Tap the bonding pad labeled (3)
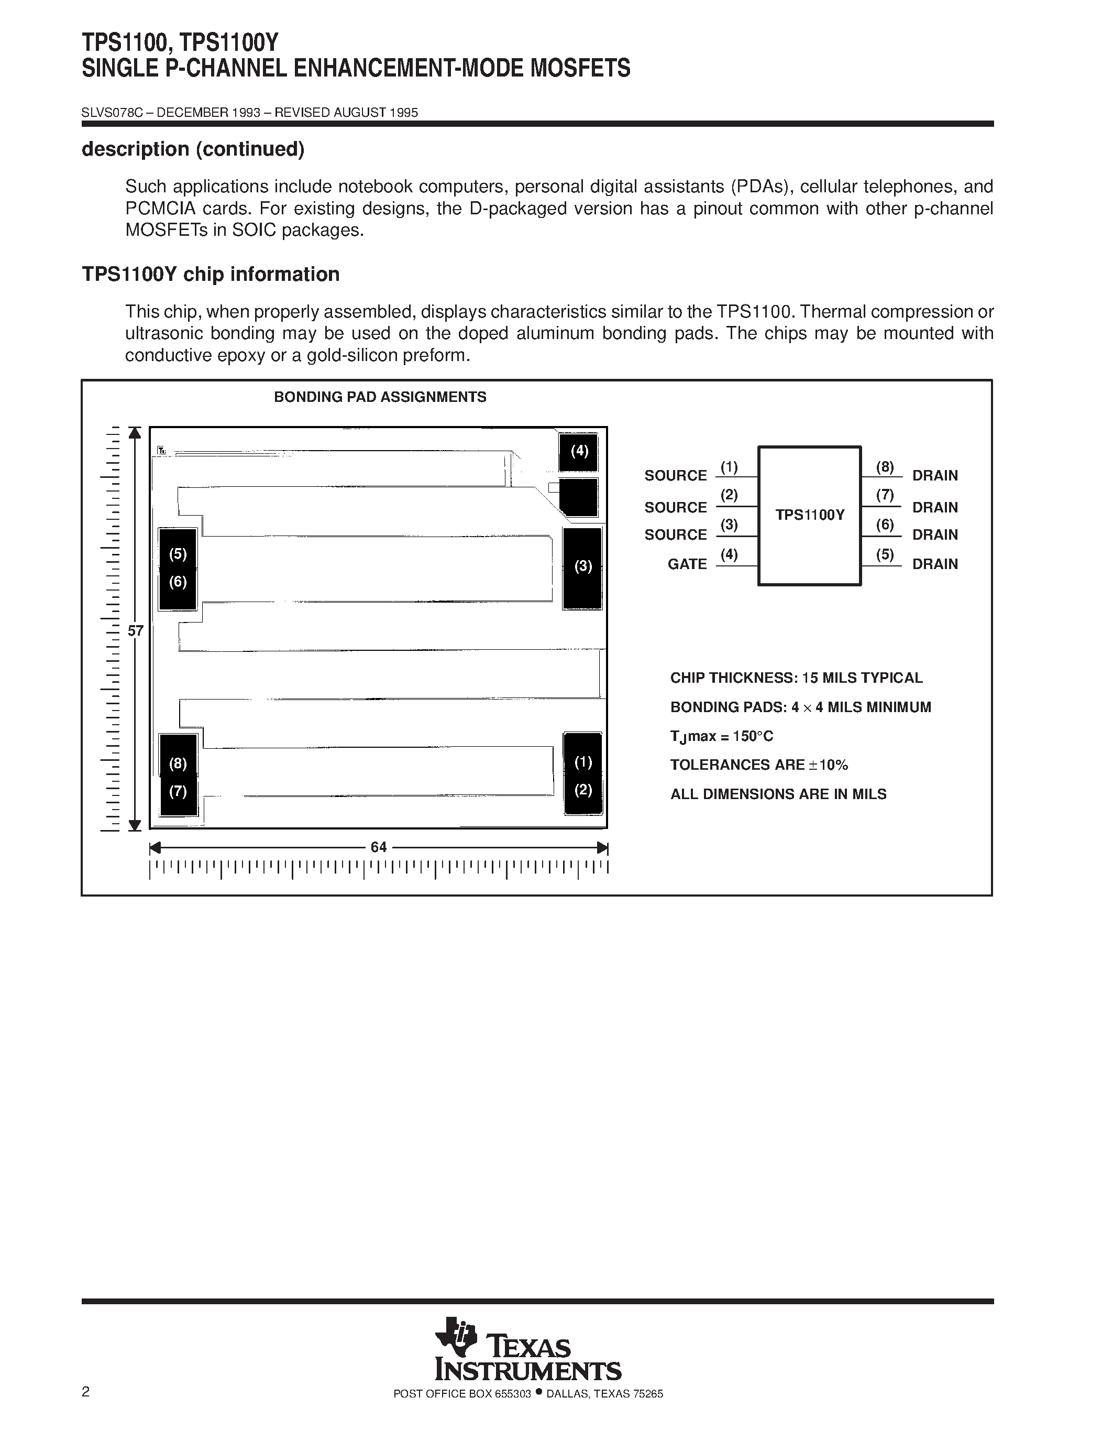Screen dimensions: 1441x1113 click(x=582, y=567)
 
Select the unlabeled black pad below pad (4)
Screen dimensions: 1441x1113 click(x=578, y=497)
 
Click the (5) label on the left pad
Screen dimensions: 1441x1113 click(x=178, y=554)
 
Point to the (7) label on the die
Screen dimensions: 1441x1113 click(x=178, y=791)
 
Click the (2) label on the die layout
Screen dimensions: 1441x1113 click(x=583, y=790)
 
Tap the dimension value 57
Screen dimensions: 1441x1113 click(x=135, y=631)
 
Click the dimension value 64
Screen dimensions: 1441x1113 click(x=379, y=847)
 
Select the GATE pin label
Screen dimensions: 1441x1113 click(x=687, y=564)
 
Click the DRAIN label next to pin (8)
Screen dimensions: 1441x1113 click(x=934, y=476)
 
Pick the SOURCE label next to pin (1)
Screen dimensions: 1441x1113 click(x=675, y=476)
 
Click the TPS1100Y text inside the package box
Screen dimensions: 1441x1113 click(x=810, y=515)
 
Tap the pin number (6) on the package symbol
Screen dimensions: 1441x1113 click(x=884, y=525)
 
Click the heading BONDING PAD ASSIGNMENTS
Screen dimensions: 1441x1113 click(x=380, y=397)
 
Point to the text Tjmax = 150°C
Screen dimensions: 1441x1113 click(x=721, y=736)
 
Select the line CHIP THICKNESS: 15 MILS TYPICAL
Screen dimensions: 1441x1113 click(x=796, y=678)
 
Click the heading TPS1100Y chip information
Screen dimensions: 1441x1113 click(x=211, y=275)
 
